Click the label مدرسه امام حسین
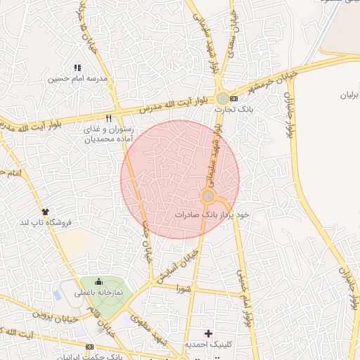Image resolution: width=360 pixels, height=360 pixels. pos(77,79)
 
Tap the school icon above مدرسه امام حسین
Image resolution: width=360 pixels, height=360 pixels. pos(77,68)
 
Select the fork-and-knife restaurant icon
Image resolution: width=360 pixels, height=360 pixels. pos(108,118)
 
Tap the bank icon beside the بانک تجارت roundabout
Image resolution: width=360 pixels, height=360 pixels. pos(233,98)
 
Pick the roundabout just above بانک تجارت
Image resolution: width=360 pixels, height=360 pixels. pos(222,99)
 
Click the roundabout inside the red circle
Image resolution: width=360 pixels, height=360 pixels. pos(208,196)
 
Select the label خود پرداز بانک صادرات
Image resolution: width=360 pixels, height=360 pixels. pos(212,212)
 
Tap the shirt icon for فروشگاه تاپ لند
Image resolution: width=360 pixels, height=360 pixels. pos(46,210)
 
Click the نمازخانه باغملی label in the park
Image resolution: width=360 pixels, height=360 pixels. pos(98,292)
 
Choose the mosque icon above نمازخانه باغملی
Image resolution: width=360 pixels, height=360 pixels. pos(98,281)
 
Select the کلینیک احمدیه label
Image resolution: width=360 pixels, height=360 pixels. pos(208,345)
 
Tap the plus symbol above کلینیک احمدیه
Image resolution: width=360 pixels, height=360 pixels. pos(207,333)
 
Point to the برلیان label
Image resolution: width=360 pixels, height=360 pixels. pos(349,94)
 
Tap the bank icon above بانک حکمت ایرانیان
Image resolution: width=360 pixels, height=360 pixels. pos(89,347)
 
